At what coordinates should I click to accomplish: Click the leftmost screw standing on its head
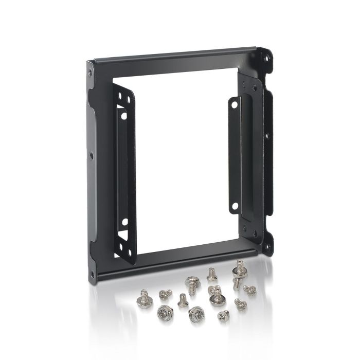click(143, 296)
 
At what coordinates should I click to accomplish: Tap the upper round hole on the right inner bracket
click(235, 103)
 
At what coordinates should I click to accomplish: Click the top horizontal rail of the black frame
click(175, 57)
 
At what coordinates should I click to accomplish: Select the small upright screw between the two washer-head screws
click(182, 301)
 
